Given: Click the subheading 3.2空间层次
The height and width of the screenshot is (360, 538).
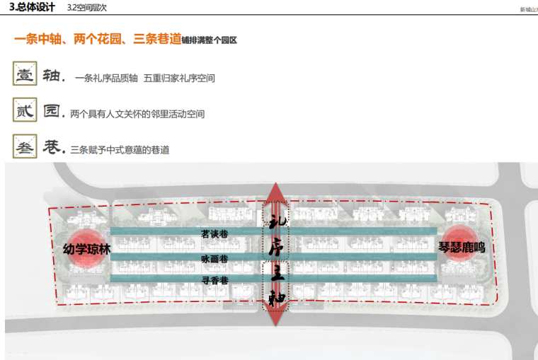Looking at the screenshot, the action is pos(86,8).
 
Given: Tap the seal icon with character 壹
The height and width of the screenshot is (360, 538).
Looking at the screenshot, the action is pos(25,76).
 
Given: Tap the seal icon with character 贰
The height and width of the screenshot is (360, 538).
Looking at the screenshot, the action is pos(25,112).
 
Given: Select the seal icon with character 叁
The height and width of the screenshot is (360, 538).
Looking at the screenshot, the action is pos(25,147).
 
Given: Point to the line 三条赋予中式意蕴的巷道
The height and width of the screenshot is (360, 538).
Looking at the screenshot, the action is pos(120,150).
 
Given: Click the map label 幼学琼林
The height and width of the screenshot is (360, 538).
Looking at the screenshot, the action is pos(88,249).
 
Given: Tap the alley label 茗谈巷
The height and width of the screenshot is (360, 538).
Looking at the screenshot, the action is pos(214,233).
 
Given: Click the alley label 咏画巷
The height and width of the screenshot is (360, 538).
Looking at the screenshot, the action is pos(214,259).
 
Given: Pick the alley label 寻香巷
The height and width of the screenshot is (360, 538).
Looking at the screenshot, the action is pos(214,281).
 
